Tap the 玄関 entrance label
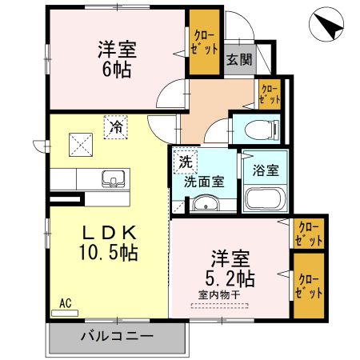coord(237,59)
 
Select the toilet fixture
coord(260,129)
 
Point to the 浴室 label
coord(264,170)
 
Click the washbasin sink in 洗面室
coord(206,206)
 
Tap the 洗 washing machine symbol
coord(186,162)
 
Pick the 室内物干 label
coord(218,295)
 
